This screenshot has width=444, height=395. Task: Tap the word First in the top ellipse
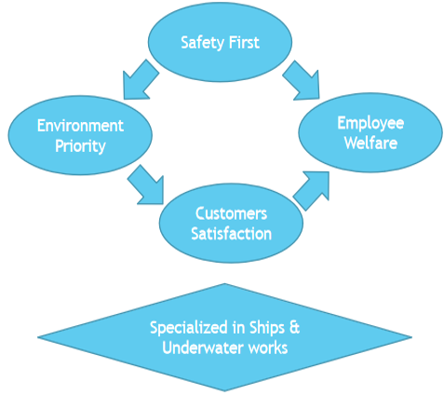[244, 42]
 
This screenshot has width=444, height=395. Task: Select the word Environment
[80, 126]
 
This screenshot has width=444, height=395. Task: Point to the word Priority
[80, 146]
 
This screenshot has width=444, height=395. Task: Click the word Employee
[370, 124]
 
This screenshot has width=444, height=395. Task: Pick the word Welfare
[370, 143]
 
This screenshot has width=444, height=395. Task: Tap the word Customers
[231, 213]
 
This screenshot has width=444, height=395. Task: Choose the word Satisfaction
[231, 234]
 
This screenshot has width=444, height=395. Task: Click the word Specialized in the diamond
[189, 328]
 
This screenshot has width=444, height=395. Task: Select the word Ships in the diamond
[267, 328]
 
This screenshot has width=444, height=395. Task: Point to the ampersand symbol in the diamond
[294, 328]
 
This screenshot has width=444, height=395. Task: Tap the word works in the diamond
[268, 348]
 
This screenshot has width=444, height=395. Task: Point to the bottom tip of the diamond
[224, 391]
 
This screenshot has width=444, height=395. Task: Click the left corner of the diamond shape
[38, 337]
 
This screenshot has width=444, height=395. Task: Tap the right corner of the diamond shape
[411, 337]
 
